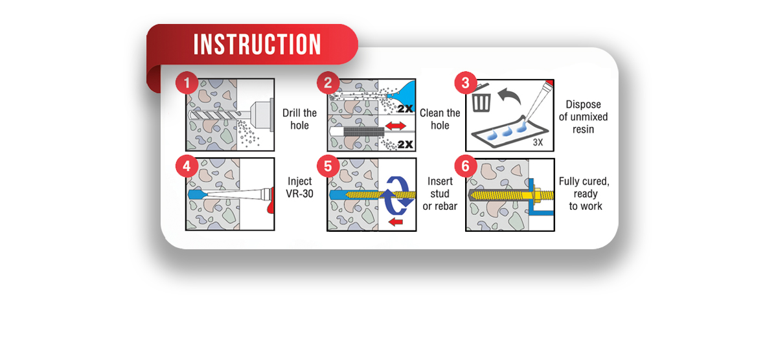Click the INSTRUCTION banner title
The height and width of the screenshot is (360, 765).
coord(257,45)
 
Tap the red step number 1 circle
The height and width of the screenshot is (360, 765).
coord(187,84)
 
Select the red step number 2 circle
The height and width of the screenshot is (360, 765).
coord(327,84)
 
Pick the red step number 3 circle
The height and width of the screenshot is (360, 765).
coord(466,84)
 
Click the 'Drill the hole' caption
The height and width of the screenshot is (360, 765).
coord(299,119)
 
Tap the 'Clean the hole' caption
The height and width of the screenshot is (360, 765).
coord(440,119)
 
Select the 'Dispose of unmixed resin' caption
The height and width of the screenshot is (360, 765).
coord(583,117)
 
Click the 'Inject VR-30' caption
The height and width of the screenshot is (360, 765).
coord(299,187)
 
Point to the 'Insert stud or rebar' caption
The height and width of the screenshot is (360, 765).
coord(440,194)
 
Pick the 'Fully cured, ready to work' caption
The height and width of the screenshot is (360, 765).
coord(584,194)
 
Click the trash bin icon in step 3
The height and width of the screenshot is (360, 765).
coord(482,100)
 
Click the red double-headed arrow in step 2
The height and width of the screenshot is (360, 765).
coord(395,127)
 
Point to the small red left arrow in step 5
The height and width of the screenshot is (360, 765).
coord(395,223)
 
